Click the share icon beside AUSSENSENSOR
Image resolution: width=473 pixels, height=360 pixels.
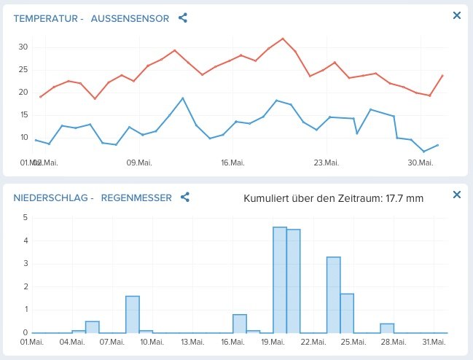click(x=183, y=17)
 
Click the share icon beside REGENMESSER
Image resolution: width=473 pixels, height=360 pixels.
click(x=185, y=197)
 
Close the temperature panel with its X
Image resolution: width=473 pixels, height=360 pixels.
click(x=457, y=15)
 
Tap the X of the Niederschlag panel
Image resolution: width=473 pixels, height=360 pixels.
click(x=457, y=195)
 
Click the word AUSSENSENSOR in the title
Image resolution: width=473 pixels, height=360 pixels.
click(x=130, y=17)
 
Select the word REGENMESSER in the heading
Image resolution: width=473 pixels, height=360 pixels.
click(x=136, y=197)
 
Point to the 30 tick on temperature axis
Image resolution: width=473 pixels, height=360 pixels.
click(x=23, y=47)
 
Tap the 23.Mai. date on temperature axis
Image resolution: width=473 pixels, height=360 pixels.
click(x=326, y=162)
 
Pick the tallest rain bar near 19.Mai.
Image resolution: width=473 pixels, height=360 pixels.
click(x=280, y=280)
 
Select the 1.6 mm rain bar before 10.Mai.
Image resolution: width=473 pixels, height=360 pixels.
click(x=132, y=314)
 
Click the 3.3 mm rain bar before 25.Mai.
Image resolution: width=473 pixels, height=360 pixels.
click(x=333, y=294)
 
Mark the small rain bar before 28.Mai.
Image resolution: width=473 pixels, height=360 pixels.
click(x=387, y=328)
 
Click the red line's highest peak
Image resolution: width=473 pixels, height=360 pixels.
click(x=283, y=39)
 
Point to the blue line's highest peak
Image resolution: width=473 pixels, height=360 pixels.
click(x=183, y=98)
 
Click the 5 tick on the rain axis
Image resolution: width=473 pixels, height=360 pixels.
click(x=26, y=217)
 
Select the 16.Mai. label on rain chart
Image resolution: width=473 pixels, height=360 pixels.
click(x=232, y=341)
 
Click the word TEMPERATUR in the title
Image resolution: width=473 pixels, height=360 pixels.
click(x=44, y=17)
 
